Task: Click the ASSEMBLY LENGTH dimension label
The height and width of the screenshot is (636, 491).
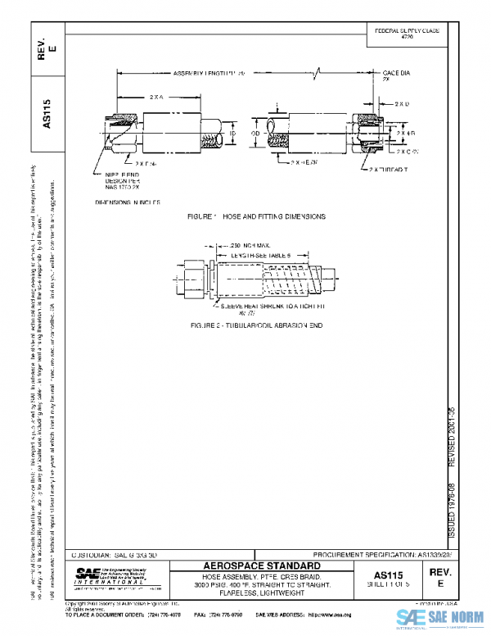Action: click(209, 74)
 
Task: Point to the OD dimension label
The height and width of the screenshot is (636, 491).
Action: click(255, 131)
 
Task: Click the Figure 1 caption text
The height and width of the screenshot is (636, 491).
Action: click(256, 216)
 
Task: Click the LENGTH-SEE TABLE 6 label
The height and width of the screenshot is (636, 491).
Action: click(262, 256)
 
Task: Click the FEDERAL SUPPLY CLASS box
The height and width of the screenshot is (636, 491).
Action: click(407, 34)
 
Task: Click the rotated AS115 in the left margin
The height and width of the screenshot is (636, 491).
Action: click(47, 113)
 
